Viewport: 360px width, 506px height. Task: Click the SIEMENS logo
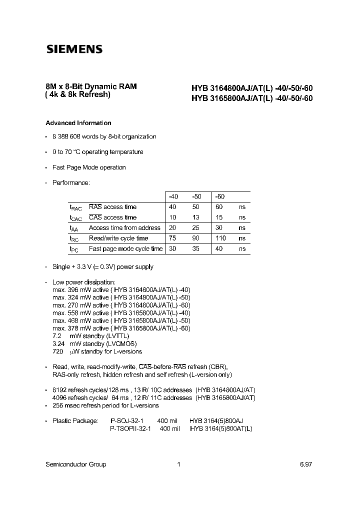click(x=74, y=49)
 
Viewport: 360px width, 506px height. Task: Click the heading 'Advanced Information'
click(x=78, y=123)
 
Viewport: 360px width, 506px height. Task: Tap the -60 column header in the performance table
click(x=219, y=196)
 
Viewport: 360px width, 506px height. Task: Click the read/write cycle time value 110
click(x=220, y=238)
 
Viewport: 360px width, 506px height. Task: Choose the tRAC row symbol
click(x=75, y=207)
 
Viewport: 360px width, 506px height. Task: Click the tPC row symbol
click(x=74, y=249)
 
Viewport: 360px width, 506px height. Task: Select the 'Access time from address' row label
click(x=124, y=228)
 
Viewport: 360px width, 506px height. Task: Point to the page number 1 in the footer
click(x=178, y=464)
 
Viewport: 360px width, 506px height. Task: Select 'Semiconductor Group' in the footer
click(x=75, y=464)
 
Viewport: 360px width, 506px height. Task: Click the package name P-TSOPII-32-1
click(x=130, y=429)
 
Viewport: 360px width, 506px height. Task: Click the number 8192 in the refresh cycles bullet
click(x=60, y=390)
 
